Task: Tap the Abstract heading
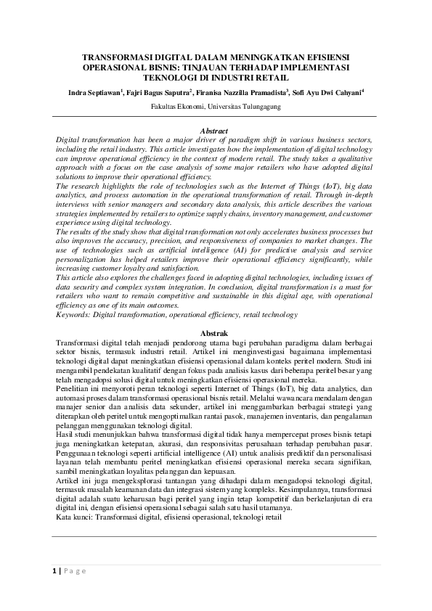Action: pyautogui.click(x=215, y=131)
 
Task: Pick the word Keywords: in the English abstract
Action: pyautogui.click(x=73, y=315)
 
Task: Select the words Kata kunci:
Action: pyautogui.click(x=73, y=520)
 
